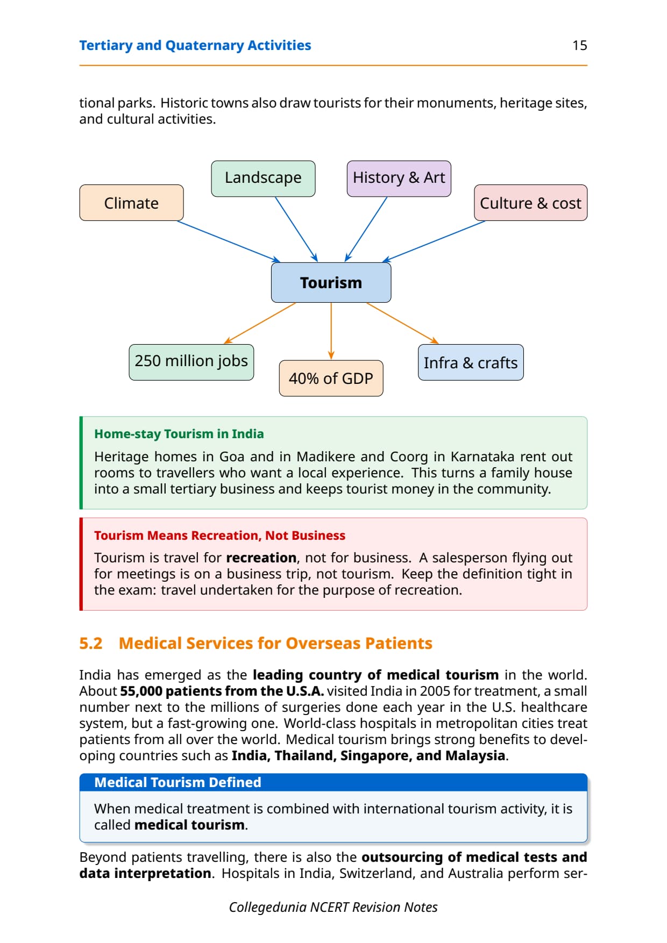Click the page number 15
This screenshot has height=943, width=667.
click(x=579, y=46)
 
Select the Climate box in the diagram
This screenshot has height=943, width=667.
click(x=131, y=203)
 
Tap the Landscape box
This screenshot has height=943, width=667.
click(x=263, y=178)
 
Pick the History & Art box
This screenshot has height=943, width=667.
click(x=399, y=178)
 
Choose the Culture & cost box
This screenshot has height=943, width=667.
click(x=530, y=203)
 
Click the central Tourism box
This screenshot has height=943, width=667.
click(x=331, y=282)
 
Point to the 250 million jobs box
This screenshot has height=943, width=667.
click(x=191, y=362)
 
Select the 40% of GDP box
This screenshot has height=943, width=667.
click(x=331, y=378)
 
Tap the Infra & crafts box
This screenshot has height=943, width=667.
click(x=471, y=362)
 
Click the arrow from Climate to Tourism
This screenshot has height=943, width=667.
click(x=229, y=241)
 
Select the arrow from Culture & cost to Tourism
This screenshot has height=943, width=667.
click(x=434, y=241)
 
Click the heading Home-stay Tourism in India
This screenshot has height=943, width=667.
click(x=179, y=434)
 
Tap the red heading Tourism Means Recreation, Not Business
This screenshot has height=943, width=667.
click(x=219, y=535)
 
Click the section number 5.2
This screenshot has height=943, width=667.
click(x=90, y=643)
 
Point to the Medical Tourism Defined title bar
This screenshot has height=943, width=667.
click(x=334, y=782)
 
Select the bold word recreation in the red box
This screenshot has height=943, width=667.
click(x=261, y=558)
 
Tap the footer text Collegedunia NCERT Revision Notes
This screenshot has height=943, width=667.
click(x=333, y=907)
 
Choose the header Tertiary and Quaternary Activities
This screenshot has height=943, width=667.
click(x=195, y=46)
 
